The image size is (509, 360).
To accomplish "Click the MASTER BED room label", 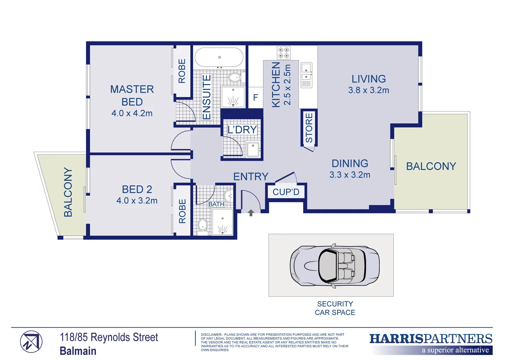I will pyautogui.click(x=132, y=95).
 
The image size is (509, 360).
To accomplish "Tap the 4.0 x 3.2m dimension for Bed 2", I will pyautogui.click(x=137, y=201).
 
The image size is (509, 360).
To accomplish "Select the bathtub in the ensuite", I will pyautogui.click(x=219, y=57).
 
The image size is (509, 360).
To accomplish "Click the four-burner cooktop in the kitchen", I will pyautogui.click(x=283, y=53).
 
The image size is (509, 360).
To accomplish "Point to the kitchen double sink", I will pyautogui.click(x=306, y=75).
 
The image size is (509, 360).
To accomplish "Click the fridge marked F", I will pyautogui.click(x=255, y=97).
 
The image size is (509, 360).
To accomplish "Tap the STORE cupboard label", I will pyautogui.click(x=309, y=128).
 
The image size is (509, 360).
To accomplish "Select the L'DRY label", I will pyautogui.click(x=242, y=130).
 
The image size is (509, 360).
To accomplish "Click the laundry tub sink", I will pyautogui.click(x=253, y=149).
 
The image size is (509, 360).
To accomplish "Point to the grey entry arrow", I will pyautogui.click(x=251, y=213).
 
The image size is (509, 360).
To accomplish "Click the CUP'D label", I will pyautogui.click(x=286, y=192).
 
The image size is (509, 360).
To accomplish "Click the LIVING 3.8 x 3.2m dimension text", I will pyautogui.click(x=368, y=90).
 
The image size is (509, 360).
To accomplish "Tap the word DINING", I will pyautogui.click(x=350, y=163).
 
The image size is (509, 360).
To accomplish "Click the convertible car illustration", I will pyautogui.click(x=334, y=266).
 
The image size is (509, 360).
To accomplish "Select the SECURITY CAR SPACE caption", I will pyautogui.click(x=335, y=308).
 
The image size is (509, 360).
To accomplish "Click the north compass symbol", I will pyautogui.click(x=31, y=342).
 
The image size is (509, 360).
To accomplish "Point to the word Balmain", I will pyautogui.click(x=78, y=351).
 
